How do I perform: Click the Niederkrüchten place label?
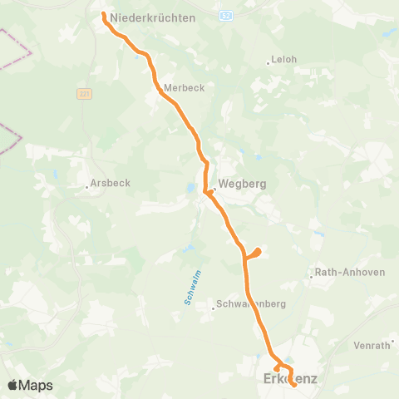pos(157,17)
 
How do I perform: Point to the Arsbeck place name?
pos(110,185)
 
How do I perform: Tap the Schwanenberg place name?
pos(251,304)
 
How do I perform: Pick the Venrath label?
pos(372,345)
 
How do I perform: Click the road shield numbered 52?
pos(227,16)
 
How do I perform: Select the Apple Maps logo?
pos(29,385)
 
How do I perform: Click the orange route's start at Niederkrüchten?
pos(104,15)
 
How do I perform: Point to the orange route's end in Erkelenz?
pos(294,384)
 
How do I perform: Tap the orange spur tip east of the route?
pos(259,251)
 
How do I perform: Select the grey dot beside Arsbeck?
pos(87,186)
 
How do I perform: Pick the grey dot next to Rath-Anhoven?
pos(311,273)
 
